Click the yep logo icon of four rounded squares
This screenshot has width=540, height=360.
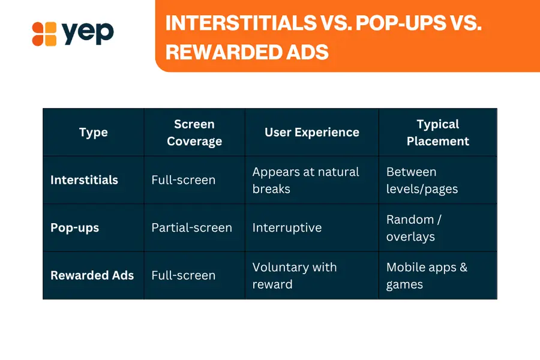44,34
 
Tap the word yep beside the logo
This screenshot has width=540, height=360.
88,33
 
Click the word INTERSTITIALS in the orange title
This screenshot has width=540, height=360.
241,23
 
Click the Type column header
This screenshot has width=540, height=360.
94,133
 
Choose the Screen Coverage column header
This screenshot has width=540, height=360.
194,133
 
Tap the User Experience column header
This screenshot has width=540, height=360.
311,132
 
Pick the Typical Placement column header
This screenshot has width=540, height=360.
438,133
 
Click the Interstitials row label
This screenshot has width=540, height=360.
85,180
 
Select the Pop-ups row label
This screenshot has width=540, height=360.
75,228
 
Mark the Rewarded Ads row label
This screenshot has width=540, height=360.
92,275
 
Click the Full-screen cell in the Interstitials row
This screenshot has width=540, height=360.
183,180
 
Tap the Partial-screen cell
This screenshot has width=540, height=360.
191,228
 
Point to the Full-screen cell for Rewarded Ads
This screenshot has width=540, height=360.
183,275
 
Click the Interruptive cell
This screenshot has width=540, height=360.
287,228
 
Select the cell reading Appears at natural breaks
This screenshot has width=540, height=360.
305,180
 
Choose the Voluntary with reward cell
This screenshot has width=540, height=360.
295,275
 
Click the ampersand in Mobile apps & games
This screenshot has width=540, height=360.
463,268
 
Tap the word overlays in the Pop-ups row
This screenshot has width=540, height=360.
410,237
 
